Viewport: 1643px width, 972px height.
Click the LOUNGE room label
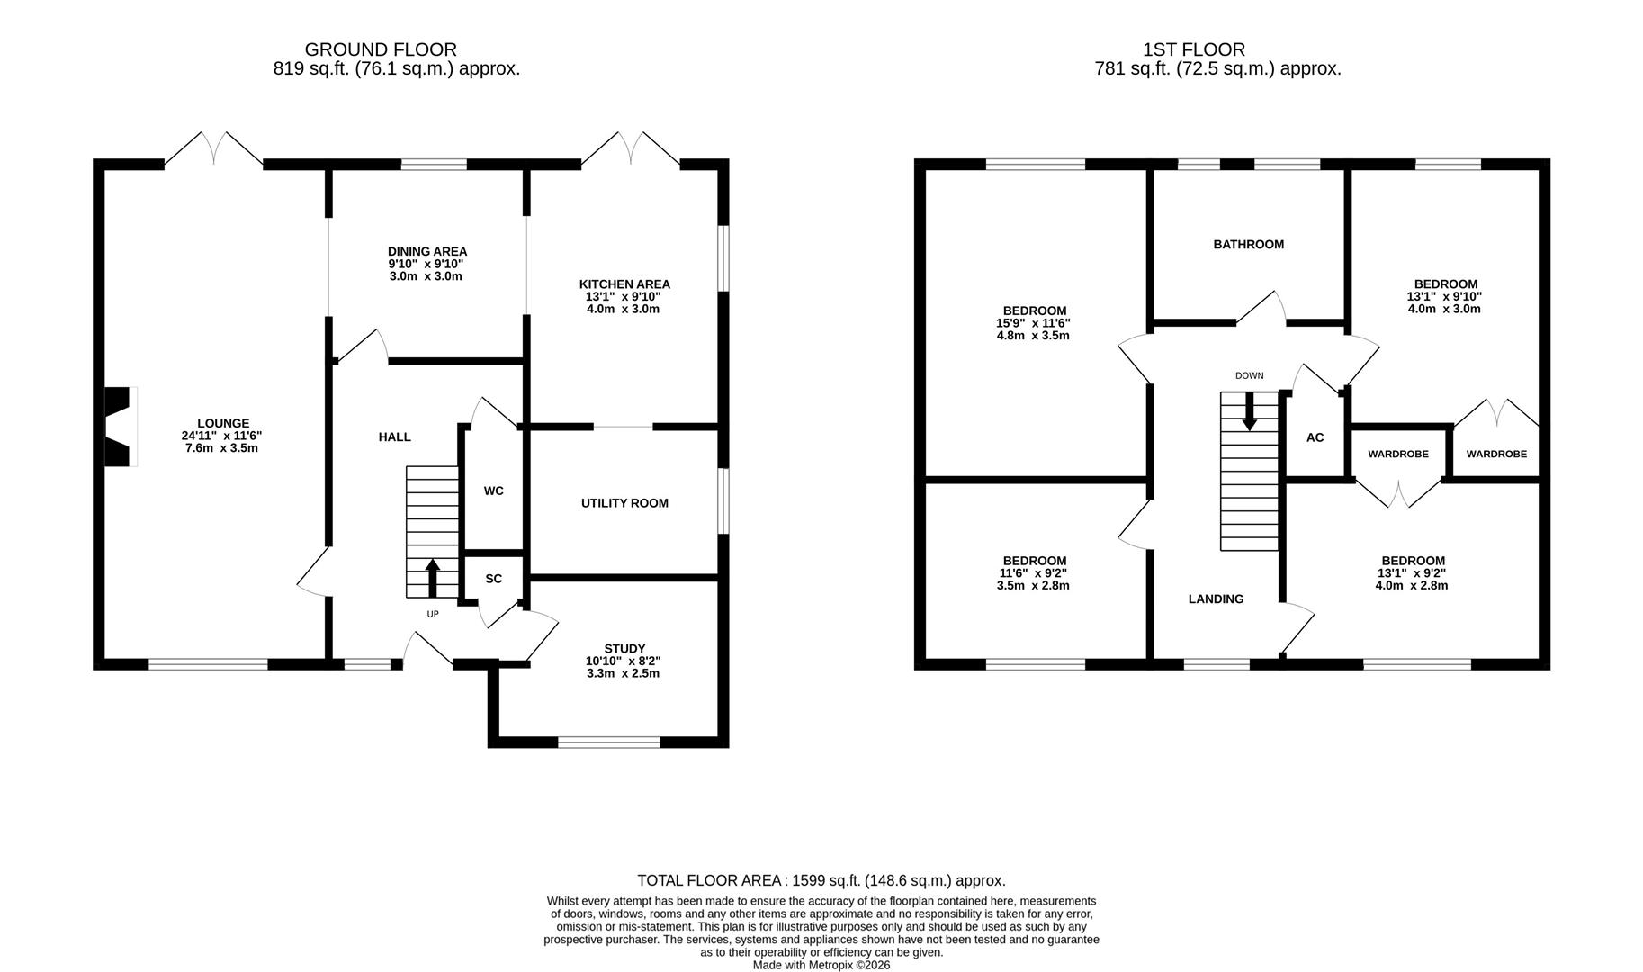tap(223, 423)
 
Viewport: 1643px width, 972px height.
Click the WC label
tap(493, 490)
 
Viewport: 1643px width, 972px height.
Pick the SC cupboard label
tap(493, 579)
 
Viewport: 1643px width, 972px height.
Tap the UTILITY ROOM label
tap(624, 503)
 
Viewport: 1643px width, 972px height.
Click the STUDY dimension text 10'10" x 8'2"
tap(623, 661)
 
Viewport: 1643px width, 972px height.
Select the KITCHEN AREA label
tap(624, 283)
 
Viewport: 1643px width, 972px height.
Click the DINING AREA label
tap(427, 251)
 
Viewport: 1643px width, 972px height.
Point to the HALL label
tap(394, 436)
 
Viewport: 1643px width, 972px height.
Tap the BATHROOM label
tap(1248, 244)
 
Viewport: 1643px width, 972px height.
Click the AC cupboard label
tap(1315, 437)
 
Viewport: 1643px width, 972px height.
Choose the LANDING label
tap(1216, 598)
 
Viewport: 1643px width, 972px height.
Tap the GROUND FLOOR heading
tap(381, 49)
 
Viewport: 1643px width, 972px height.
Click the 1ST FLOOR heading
tap(1194, 49)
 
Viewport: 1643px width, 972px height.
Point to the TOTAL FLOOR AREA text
tap(821, 880)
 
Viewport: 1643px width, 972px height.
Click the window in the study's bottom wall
tap(609, 742)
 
